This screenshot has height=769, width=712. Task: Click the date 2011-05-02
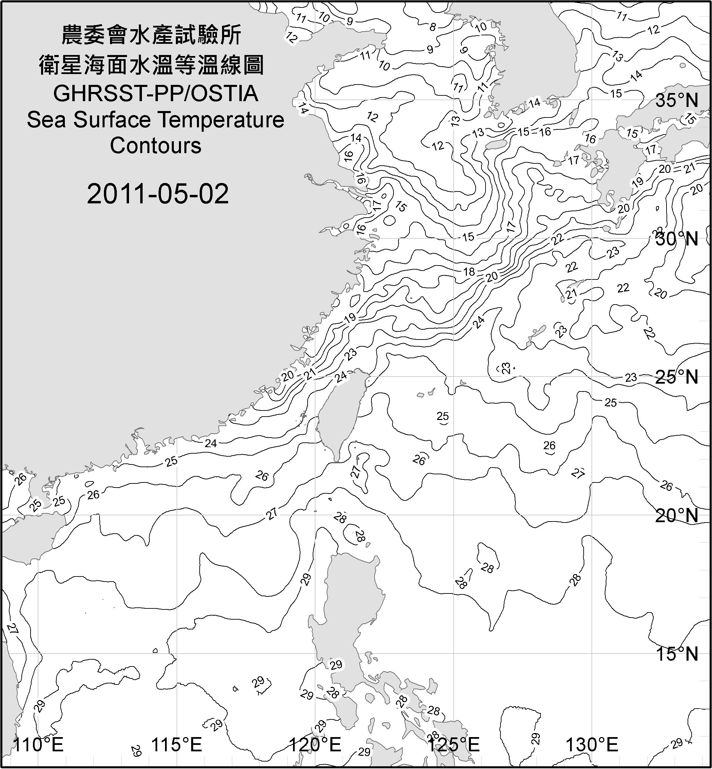click(x=158, y=194)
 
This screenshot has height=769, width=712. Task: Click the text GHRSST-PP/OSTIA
click(x=156, y=94)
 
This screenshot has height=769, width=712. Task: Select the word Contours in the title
click(x=156, y=146)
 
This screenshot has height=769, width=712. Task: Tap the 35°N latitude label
click(x=677, y=100)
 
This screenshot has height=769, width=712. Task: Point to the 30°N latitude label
click(x=677, y=239)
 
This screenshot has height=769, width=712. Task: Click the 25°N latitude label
click(x=677, y=377)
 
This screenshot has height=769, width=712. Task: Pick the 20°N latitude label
click(x=677, y=515)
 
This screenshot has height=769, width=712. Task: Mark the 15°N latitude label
click(x=677, y=654)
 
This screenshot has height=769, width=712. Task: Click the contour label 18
click(x=469, y=272)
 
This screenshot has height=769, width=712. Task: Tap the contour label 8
click(x=433, y=27)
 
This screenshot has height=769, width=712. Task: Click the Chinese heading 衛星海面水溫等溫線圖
click(x=151, y=65)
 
